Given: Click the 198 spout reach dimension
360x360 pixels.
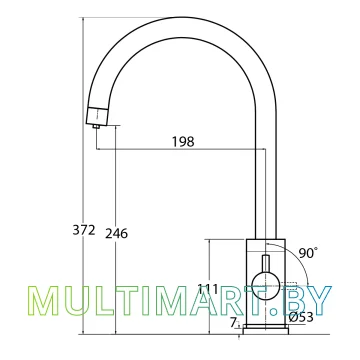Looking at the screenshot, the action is tap(183, 142).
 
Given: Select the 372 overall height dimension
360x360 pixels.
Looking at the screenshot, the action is tap(84, 230).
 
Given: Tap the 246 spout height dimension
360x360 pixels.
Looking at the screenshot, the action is tap(117, 234).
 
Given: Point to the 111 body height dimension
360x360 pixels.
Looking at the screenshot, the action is tap(208, 289).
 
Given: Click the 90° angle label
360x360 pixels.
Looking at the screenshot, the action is tap(308, 253).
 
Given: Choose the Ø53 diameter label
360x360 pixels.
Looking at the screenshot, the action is tap(301, 317).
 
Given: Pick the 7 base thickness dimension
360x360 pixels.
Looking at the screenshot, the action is tap(234, 322).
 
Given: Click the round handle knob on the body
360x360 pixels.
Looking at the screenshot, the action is tap(266, 286).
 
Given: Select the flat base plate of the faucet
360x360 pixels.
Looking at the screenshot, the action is tap(266, 329).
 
